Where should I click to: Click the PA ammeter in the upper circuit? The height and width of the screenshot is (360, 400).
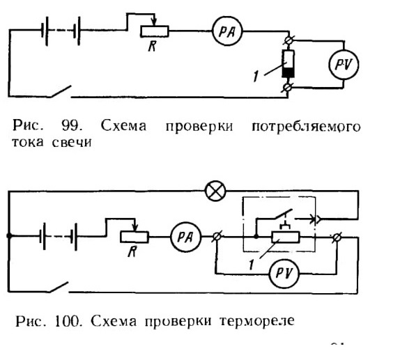click(227, 31)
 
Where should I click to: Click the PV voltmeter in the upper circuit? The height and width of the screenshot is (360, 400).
click(344, 65)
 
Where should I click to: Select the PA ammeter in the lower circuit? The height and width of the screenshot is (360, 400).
click(185, 237)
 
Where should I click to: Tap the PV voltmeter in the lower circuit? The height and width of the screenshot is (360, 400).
click(284, 274)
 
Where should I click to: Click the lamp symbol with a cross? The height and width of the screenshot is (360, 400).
click(215, 191)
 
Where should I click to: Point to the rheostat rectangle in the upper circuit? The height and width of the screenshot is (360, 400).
click(154, 31)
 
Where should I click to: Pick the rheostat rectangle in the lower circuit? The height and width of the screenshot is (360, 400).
click(134, 237)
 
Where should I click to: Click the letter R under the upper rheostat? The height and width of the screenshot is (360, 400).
click(153, 46)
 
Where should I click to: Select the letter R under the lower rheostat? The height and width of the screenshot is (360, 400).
click(132, 251)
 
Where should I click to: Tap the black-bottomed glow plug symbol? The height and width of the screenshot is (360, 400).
click(288, 64)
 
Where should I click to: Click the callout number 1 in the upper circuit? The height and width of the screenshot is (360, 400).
click(256, 76)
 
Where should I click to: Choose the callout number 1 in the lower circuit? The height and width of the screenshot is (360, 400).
click(252, 265)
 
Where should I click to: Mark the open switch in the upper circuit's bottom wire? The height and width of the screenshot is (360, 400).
click(61, 91)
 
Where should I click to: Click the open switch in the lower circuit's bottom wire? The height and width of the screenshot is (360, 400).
click(59, 287)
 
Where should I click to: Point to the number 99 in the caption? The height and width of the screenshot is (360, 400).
click(72, 126)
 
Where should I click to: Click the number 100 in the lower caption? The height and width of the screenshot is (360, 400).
click(68, 321)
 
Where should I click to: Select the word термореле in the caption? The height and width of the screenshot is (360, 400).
click(257, 321)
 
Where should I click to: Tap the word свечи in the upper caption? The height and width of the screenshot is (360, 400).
click(72, 142)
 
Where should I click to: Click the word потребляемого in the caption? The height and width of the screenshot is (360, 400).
click(306, 127)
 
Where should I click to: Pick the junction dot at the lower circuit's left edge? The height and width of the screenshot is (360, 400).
click(9, 236)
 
